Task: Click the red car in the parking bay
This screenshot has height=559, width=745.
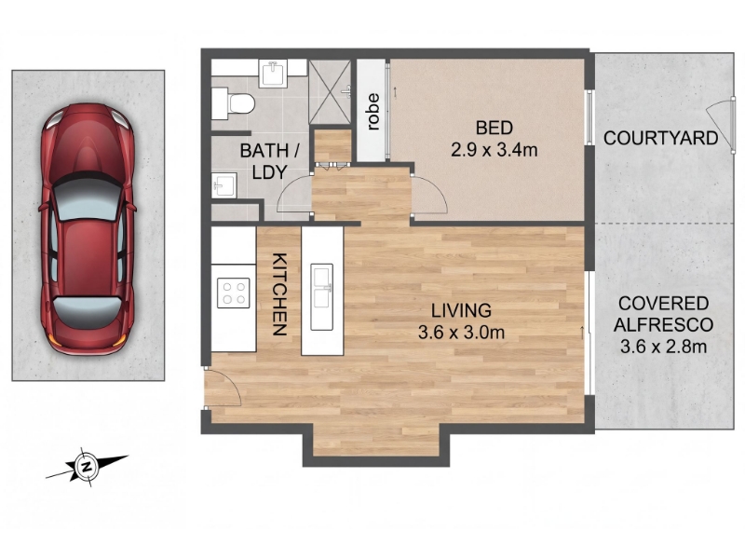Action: coord(88,229)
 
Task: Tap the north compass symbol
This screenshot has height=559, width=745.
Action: coord(87,467)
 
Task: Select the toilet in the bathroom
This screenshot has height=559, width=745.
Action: coord(234,103)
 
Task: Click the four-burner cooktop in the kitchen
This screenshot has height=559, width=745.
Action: coord(234,293)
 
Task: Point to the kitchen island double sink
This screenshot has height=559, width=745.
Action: coord(321,296)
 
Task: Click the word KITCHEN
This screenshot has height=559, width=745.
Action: coord(280,294)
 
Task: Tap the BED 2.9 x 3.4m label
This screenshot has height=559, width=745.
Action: coord(494,139)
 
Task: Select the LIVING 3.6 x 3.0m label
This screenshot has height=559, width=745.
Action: coord(461,321)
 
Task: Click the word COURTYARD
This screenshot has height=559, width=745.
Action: coord(660,138)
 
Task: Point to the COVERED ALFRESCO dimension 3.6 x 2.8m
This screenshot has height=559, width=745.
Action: coord(663,347)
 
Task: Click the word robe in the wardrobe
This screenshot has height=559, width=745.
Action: coord(373,112)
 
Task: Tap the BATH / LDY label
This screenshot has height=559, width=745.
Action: coord(269,161)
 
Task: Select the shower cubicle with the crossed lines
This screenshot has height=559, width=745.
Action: coord(330,91)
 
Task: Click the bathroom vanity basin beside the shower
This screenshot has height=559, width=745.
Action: coord(273,74)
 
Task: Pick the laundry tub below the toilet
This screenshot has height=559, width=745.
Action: coord(223,185)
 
